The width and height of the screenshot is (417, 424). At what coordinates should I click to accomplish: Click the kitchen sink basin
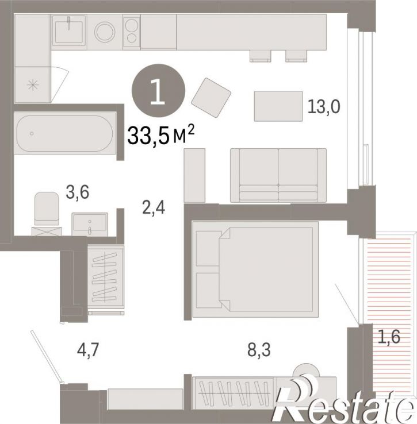(69, 32)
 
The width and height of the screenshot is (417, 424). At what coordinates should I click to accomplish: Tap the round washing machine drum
(105, 32)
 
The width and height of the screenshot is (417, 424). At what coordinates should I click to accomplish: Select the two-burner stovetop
(132, 32)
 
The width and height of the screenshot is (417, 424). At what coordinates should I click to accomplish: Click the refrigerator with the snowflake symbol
(32, 85)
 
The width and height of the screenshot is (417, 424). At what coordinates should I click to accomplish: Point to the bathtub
(65, 133)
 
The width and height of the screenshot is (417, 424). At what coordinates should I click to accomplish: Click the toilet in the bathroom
(47, 209)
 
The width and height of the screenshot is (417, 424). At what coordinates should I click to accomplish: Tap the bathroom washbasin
(90, 224)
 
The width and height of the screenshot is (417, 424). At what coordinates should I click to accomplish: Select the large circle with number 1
(158, 91)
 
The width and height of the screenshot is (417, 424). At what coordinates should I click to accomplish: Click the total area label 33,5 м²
(161, 135)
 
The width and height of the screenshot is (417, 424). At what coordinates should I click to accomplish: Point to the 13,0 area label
(324, 106)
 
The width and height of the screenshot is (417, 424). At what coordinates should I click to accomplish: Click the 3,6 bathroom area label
(78, 192)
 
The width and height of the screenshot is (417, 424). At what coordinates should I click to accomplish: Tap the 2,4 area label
(154, 208)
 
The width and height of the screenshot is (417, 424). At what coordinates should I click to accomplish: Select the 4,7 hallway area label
(88, 350)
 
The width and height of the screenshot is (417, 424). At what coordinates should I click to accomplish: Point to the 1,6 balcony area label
(389, 337)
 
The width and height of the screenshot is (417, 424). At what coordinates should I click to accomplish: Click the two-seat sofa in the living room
(278, 175)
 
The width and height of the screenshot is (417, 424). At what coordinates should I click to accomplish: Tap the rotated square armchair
(211, 98)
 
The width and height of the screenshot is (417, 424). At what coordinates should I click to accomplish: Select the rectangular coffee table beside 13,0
(278, 106)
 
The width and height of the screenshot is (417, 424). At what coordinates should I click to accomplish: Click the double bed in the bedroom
(255, 269)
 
